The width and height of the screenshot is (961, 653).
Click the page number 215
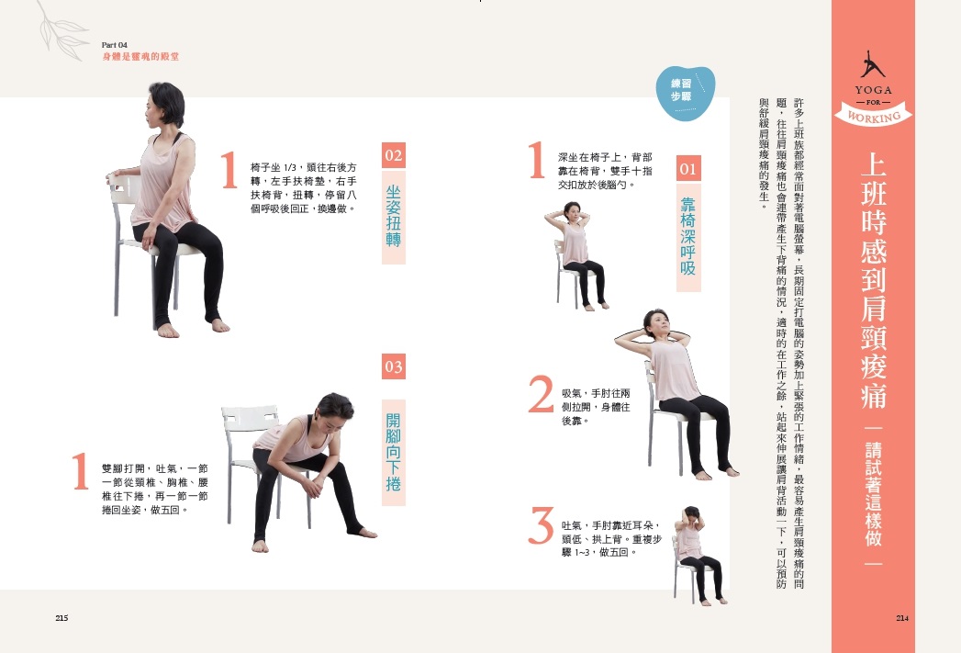(x=61, y=618)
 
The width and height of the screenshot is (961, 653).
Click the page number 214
(x=902, y=618)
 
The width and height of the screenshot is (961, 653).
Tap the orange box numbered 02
(x=394, y=155)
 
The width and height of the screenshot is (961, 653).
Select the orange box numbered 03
(x=394, y=366)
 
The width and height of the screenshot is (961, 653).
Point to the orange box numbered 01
(x=688, y=169)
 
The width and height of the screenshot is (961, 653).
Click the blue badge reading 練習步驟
(x=685, y=93)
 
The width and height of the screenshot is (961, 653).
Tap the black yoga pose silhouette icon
(x=872, y=64)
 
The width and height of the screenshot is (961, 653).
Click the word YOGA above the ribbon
(x=874, y=90)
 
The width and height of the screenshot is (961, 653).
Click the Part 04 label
(x=115, y=45)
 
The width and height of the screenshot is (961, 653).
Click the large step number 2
(x=541, y=394)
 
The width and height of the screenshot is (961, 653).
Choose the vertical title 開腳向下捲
(x=394, y=453)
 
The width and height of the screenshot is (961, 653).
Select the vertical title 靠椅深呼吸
(x=688, y=235)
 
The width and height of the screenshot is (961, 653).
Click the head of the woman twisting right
(x=162, y=107)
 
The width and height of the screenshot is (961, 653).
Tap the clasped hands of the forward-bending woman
(x=315, y=488)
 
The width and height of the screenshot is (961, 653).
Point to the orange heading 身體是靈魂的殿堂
(x=140, y=56)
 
